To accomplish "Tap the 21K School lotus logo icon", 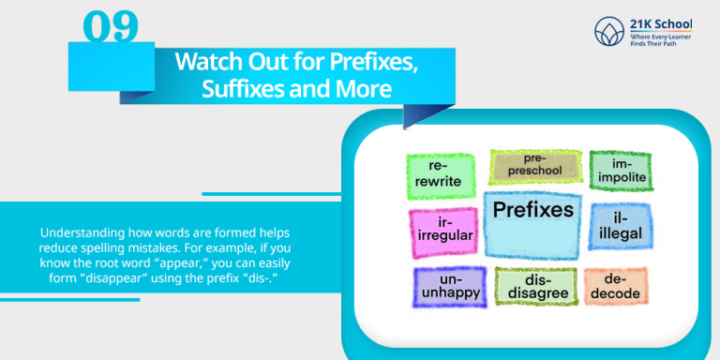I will (x=606, y=31).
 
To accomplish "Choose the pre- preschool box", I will (x=534, y=165).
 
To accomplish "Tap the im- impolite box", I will (x=620, y=172).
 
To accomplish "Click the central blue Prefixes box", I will (x=533, y=224).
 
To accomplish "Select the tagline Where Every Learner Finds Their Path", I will (x=652, y=39).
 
